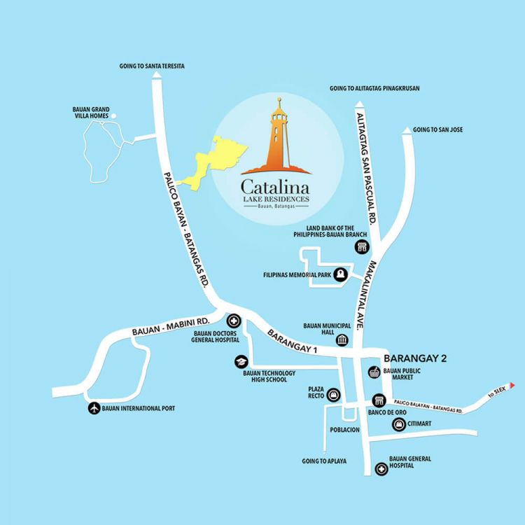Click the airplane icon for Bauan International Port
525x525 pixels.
[94, 408]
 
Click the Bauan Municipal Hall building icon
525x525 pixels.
[342, 340]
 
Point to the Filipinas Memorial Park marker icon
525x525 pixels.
[340, 275]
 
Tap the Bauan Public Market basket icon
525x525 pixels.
[372, 372]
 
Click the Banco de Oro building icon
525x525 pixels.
[379, 400]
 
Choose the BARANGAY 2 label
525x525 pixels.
[415, 358]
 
